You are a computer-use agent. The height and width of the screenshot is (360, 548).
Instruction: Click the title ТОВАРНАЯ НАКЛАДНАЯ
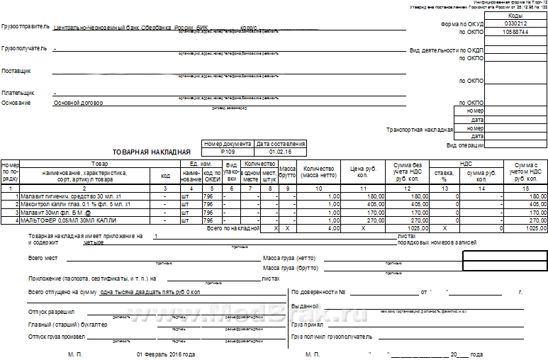[152, 152]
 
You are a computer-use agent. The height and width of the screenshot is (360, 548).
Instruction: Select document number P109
[228, 152]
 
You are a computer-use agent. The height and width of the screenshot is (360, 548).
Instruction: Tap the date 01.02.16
[281, 152]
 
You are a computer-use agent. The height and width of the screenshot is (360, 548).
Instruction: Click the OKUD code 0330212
[516, 23]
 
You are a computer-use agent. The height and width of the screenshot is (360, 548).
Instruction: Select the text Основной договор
[79, 103]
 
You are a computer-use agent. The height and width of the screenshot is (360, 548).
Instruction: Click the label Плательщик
[18, 93]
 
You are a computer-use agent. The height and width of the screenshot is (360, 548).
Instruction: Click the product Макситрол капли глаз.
[72, 204]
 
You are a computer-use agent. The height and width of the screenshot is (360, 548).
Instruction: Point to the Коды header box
[516, 15]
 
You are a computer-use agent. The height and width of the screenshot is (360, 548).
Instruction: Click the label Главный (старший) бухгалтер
[68, 325]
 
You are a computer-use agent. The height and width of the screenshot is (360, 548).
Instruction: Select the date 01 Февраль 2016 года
[166, 354]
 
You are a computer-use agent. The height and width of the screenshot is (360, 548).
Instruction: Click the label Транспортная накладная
[419, 130]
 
